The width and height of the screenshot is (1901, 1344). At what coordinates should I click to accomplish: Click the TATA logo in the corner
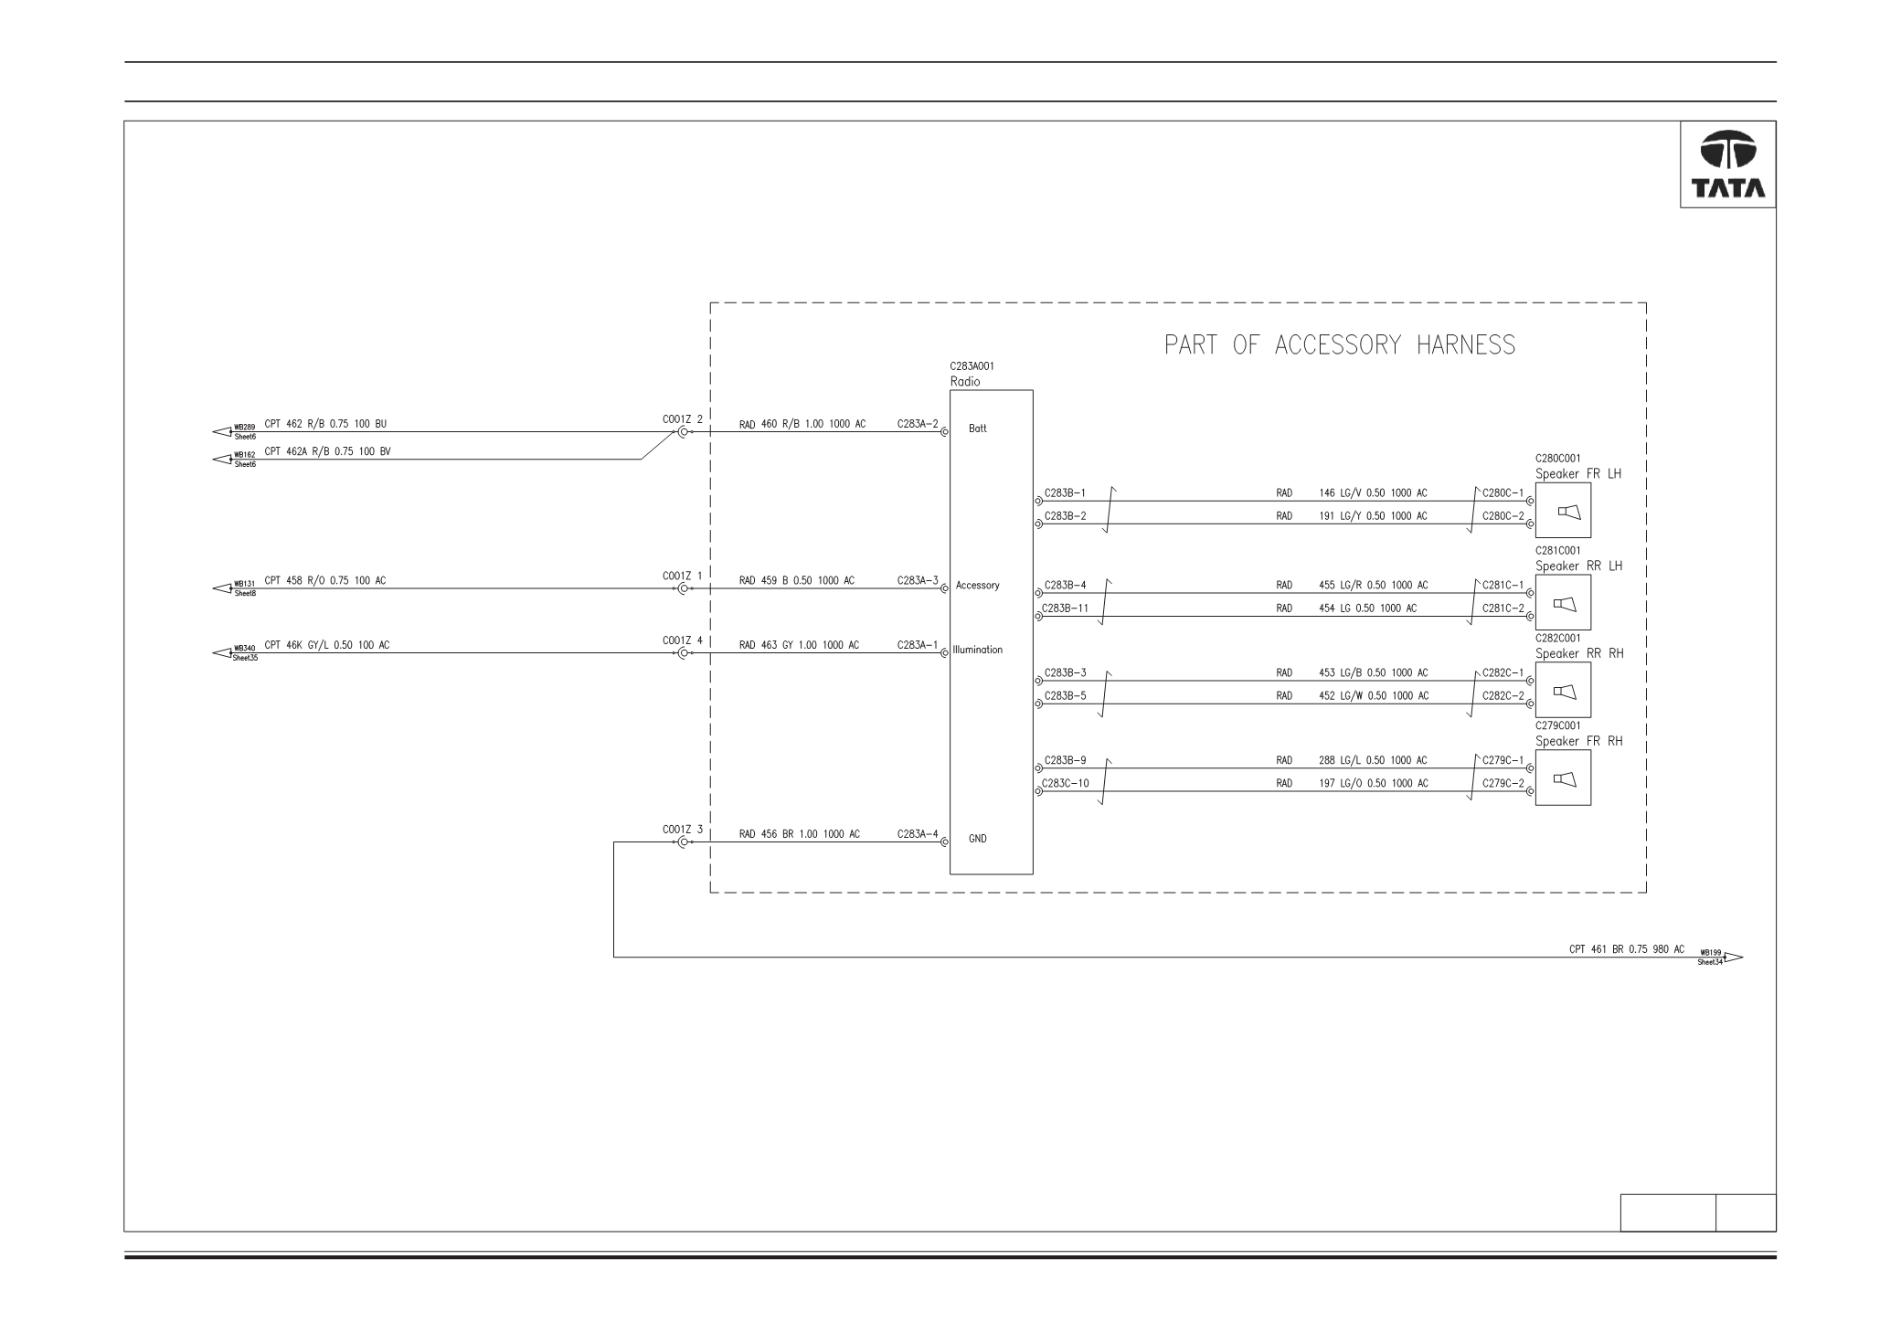tap(1727, 164)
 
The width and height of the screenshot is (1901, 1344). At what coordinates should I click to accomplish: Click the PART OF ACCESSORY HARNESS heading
tap(1340, 345)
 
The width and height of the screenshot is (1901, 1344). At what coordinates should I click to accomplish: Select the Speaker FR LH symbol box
tap(1563, 511)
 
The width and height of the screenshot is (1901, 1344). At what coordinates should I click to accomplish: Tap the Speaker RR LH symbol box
tap(1563, 603)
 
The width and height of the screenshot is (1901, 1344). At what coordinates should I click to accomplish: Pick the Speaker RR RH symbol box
tap(1563, 691)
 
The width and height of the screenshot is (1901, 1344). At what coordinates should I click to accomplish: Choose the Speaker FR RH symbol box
tap(1563, 778)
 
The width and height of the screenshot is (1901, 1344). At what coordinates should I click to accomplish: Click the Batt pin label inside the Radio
tap(977, 429)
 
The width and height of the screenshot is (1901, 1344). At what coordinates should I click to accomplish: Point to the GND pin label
tap(977, 839)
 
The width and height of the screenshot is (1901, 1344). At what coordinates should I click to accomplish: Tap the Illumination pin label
tap(977, 651)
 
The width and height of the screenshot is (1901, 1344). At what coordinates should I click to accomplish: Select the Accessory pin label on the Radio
tap(977, 586)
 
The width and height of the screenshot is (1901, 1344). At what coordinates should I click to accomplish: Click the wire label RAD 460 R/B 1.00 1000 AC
tap(802, 424)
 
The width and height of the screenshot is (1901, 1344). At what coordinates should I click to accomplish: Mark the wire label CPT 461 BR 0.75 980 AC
tap(1627, 949)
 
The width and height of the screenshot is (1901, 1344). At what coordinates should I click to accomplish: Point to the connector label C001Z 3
tap(683, 830)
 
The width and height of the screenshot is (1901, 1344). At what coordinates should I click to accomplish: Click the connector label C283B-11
tap(1066, 608)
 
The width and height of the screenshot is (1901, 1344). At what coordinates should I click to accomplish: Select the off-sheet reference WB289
tap(244, 427)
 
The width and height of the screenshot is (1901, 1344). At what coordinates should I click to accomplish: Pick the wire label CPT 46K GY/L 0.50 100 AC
tap(326, 645)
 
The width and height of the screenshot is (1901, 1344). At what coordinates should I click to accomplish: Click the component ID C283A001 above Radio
tap(972, 366)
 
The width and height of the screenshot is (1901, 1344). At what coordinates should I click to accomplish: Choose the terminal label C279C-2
tap(1503, 783)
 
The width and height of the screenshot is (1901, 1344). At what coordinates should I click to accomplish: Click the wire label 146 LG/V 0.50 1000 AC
tap(1373, 493)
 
